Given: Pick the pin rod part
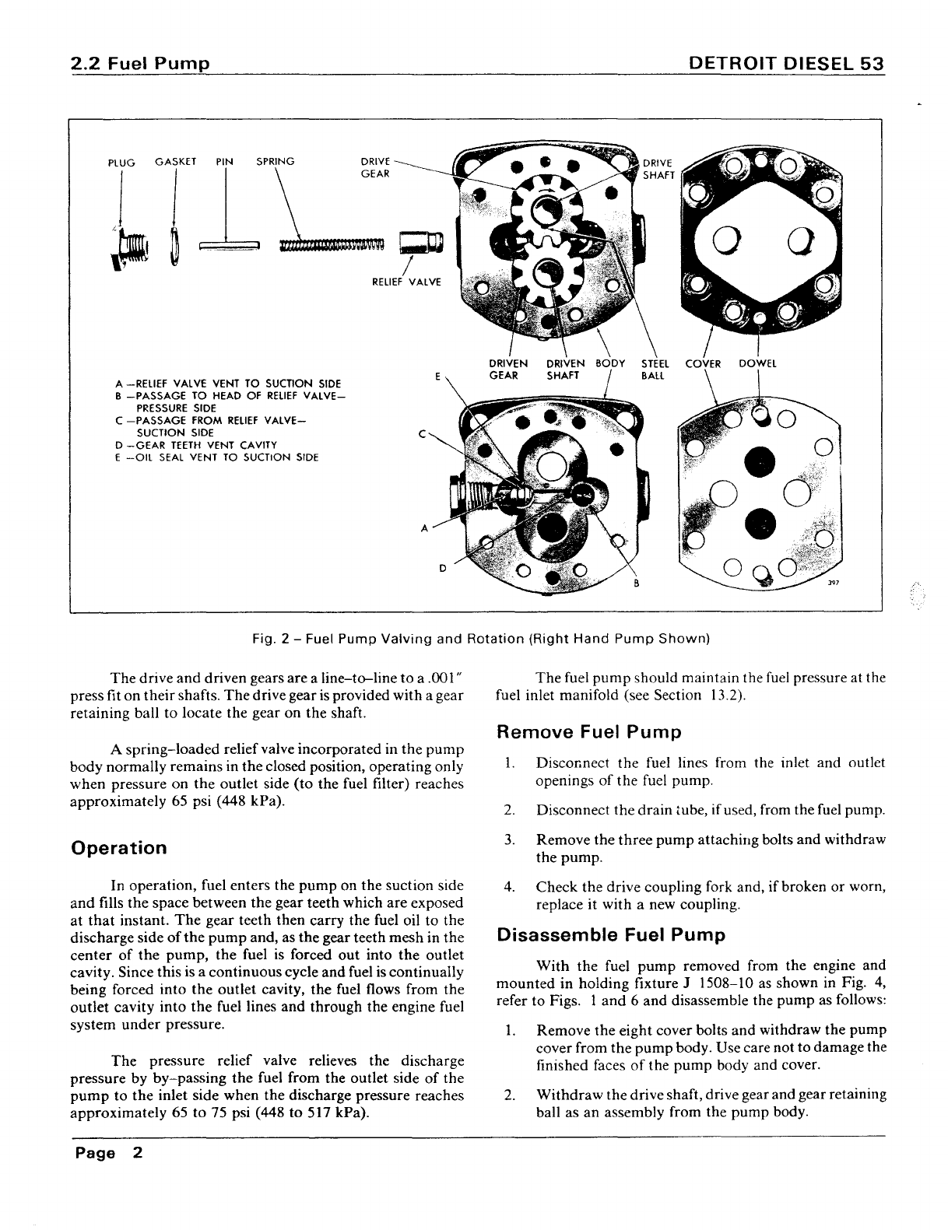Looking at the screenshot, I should (x=228, y=247).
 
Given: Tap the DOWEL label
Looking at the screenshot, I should (x=757, y=363).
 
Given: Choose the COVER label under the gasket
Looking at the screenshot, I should (x=703, y=363).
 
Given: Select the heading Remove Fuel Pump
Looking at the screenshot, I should (x=588, y=732).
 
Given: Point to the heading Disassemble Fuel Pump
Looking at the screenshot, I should (x=611, y=934).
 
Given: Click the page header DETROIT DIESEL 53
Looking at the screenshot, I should (x=787, y=65).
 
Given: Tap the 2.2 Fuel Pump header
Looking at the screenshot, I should (x=139, y=65).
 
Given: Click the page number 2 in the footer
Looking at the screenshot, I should (x=137, y=1153).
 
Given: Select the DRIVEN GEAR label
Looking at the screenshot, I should (x=507, y=370).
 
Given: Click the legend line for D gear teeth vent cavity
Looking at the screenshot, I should (x=196, y=445).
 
